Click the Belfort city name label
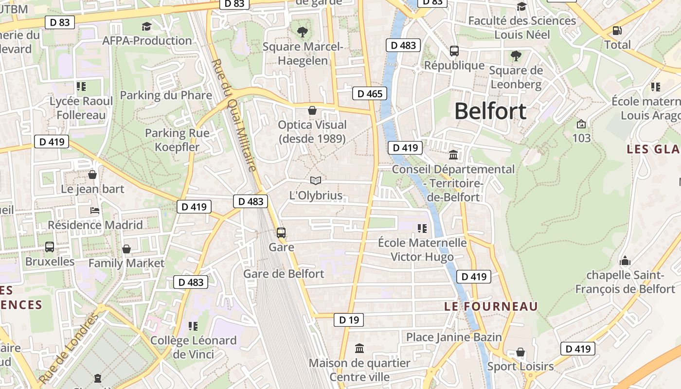[490, 111]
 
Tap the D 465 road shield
[370, 93]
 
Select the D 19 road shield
[349, 320]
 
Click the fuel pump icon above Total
[617, 31]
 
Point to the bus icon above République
[454, 51]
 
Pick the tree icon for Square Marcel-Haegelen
[303, 32]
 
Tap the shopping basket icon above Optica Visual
[312, 110]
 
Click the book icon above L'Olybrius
[316, 181]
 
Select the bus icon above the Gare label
[281, 233]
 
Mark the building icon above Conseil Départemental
[453, 155]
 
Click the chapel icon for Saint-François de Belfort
[625, 261]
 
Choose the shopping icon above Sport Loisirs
[520, 352]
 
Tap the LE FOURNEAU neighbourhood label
[491, 306]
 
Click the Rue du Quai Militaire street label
[235, 116]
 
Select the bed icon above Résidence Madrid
[95, 211]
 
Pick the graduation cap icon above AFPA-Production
[146, 26]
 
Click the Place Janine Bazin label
[454, 337]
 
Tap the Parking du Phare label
[166, 95]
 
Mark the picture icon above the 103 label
[581, 124]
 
